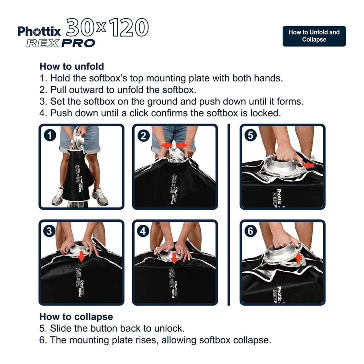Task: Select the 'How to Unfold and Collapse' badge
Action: click(314, 36)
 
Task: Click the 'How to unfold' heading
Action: click(72, 66)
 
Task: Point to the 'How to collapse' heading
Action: click(76, 316)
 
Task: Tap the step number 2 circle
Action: click(143, 135)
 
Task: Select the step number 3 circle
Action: click(49, 231)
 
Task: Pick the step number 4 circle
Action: click(143, 231)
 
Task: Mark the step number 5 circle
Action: click(251, 135)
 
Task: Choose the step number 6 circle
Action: click(251, 231)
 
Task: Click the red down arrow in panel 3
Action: click(82, 257)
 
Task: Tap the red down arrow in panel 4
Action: click(174, 258)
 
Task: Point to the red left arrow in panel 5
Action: click(309, 165)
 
